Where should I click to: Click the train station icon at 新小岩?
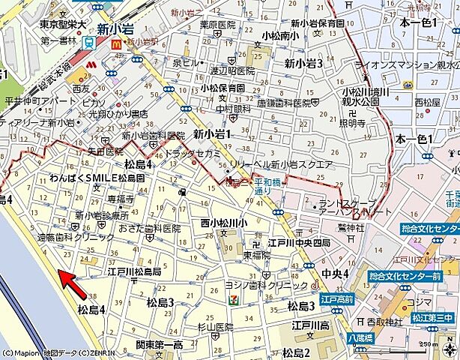coord(89,43)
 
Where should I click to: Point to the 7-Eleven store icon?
coord(235,300)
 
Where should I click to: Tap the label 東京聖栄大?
coord(63,24)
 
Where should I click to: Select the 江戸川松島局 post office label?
coord(134,271)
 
